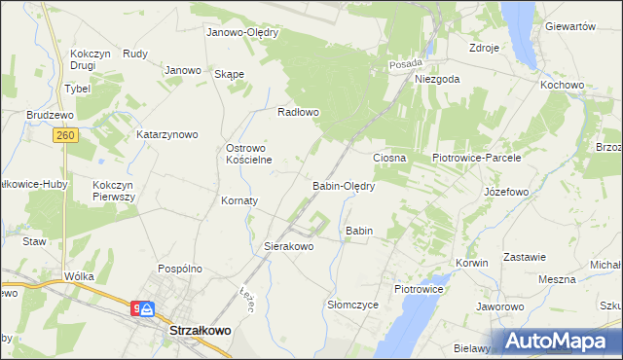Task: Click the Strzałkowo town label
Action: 201,331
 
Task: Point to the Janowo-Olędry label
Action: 242,32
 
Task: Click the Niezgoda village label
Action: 436,80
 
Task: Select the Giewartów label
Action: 570,27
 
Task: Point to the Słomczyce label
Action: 352,305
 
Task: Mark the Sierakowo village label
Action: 289,247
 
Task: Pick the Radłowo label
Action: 299,112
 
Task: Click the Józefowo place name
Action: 506,192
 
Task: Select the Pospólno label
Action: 179,268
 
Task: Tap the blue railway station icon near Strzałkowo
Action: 146,309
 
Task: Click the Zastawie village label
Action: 525,257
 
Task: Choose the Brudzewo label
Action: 51,114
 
